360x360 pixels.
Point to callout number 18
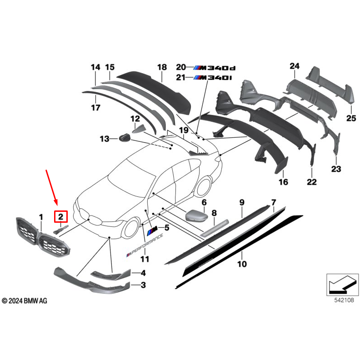[x=162, y=67]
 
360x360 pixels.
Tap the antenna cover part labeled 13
[x=123, y=138]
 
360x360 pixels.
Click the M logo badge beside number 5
[x=153, y=228]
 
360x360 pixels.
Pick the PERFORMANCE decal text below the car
[x=145, y=249]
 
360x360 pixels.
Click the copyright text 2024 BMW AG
[x=25, y=301]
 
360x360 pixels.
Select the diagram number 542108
[x=340, y=300]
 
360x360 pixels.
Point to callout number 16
[x=283, y=182]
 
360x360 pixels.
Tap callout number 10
[x=242, y=263]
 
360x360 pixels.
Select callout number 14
[x=95, y=68]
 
